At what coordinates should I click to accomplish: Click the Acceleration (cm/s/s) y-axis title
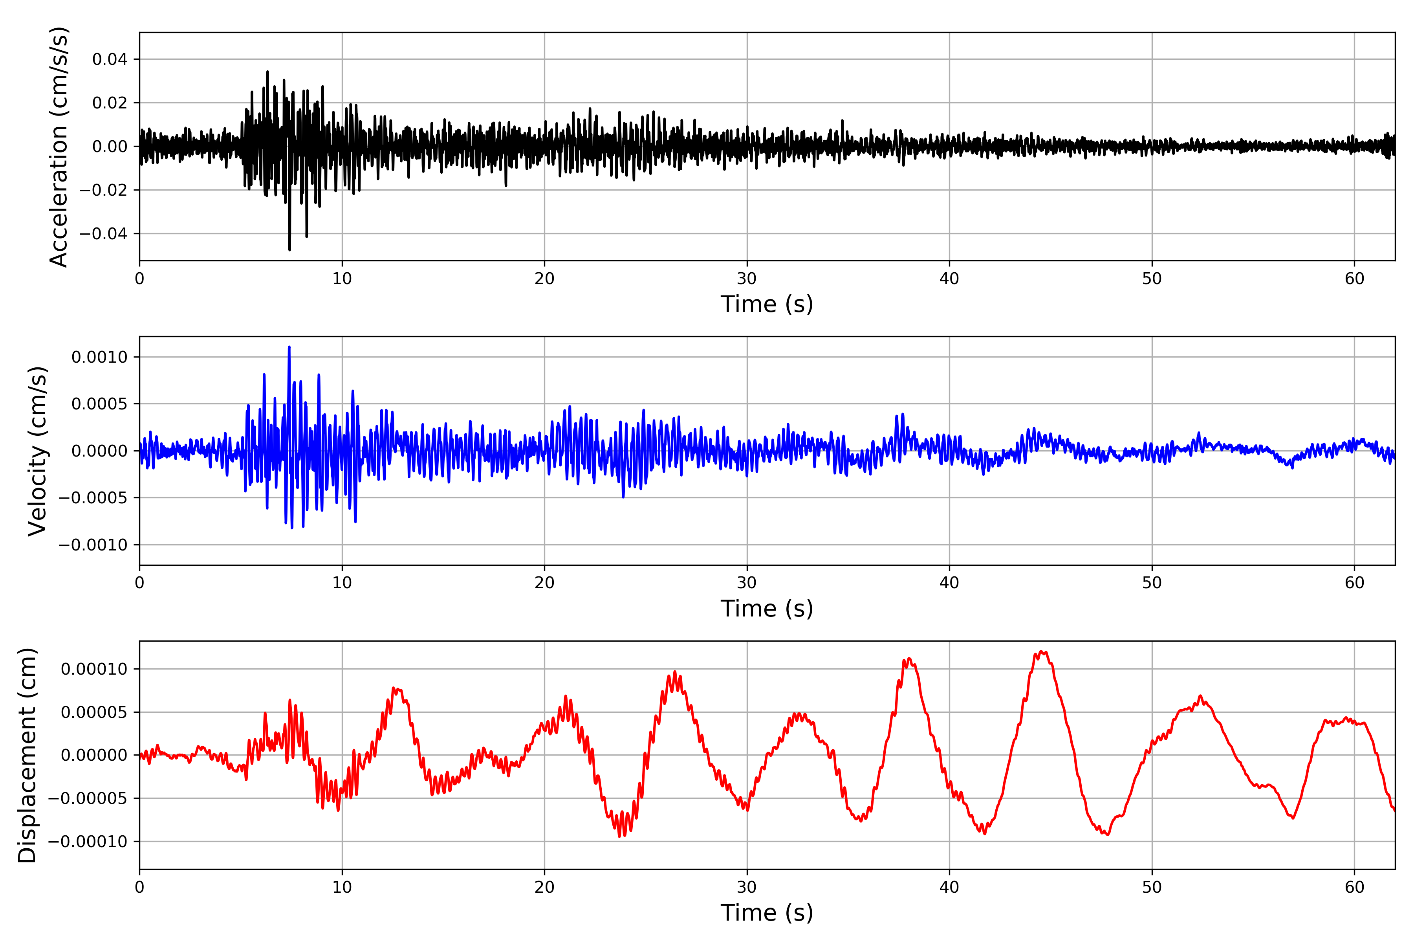click(59, 147)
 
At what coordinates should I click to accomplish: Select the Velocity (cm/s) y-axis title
click(38, 451)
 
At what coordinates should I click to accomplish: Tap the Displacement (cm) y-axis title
click(27, 755)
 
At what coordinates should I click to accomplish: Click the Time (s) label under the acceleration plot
click(767, 304)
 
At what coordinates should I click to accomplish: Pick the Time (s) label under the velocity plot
click(767, 609)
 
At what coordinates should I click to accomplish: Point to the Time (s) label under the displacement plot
click(767, 913)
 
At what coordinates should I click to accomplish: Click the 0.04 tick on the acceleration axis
click(110, 60)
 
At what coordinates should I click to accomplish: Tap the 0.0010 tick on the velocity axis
click(99, 357)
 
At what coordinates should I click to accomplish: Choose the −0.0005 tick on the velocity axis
click(93, 498)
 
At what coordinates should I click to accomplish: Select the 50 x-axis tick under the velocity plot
click(1152, 583)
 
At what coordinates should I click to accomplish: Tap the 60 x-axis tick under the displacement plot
click(1354, 887)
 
